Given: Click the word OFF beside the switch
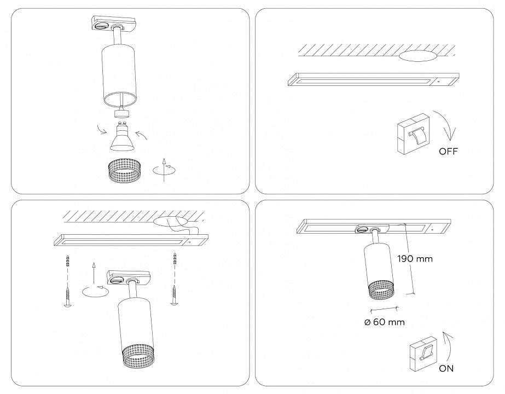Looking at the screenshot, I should click(448, 152).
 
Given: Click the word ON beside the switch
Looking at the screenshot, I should click(446, 368).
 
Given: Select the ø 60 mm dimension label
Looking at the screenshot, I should click(385, 322).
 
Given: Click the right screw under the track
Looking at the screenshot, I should click(174, 293).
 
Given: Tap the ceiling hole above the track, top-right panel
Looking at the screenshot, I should click(418, 56).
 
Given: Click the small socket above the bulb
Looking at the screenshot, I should click(120, 113).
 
